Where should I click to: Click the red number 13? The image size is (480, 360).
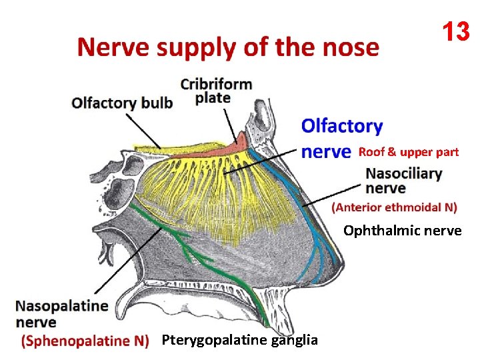coord(455,31)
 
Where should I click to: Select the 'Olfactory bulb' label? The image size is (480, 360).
coord(122,103)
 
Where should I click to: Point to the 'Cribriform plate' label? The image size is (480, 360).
coord(216,91)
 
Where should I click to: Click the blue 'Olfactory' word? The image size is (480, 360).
coord(342,126)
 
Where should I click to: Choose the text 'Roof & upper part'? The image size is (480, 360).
coord(409,152)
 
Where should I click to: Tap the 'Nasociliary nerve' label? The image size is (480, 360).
coord(403,181)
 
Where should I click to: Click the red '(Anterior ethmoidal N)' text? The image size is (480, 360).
coord(395,207)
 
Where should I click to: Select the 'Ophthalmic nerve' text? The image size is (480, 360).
coord(403,231)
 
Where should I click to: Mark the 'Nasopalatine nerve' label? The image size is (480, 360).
coord(61,314)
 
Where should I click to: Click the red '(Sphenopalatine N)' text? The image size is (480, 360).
coord(85,341)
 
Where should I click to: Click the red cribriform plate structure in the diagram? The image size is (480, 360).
coord(236,142)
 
